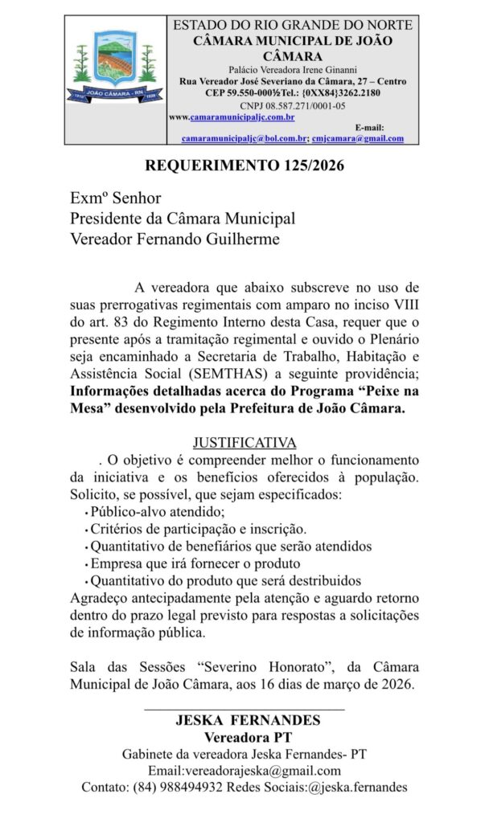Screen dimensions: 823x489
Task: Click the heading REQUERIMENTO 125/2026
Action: [x=244, y=166]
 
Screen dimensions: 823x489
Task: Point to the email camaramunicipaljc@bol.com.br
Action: [x=244, y=138]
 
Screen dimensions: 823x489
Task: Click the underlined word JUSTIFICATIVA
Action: [x=244, y=443]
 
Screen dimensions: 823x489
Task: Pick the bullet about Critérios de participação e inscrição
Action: [x=198, y=529]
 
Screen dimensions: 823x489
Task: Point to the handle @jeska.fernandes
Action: [x=358, y=787]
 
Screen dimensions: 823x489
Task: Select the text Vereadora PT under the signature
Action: [x=244, y=736]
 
